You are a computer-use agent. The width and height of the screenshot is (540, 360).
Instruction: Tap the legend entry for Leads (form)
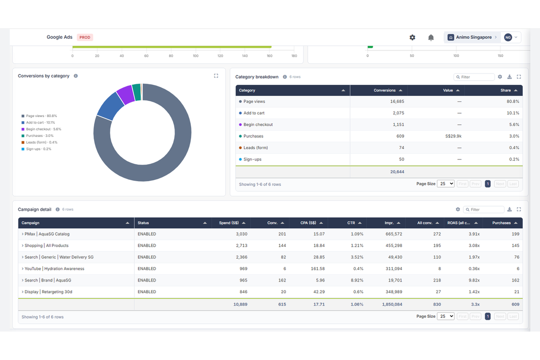[x=39, y=142]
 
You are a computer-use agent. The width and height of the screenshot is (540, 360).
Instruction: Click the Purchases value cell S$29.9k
[x=453, y=136]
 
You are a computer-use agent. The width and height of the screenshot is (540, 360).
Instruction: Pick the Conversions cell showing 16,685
[x=397, y=101]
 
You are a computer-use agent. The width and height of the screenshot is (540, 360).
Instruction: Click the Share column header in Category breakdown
[x=506, y=90]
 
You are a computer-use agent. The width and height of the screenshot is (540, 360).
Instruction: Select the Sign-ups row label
[x=252, y=159]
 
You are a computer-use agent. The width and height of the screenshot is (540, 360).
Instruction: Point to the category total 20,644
[x=397, y=172]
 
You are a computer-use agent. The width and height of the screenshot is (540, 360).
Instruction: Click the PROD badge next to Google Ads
[x=85, y=37]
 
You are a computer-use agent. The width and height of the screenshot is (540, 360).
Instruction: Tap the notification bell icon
[x=431, y=37]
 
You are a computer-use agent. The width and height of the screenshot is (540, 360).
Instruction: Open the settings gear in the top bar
[x=412, y=37]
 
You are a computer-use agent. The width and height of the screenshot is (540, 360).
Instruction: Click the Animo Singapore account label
[x=474, y=37]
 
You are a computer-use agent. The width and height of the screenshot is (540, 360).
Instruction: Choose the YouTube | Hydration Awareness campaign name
[x=54, y=269]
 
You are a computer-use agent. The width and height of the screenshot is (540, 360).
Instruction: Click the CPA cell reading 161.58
[x=318, y=269]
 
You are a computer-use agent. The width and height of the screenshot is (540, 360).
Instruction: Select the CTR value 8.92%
[x=357, y=280]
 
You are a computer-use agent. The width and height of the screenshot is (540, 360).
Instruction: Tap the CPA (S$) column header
[x=308, y=223]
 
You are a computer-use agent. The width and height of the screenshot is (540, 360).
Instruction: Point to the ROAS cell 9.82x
[x=474, y=280]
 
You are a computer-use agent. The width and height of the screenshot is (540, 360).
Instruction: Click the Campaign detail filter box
[x=483, y=210]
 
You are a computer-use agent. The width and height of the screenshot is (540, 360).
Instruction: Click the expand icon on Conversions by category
[x=216, y=76]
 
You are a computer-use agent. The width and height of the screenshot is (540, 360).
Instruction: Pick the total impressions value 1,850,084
[x=392, y=304]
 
